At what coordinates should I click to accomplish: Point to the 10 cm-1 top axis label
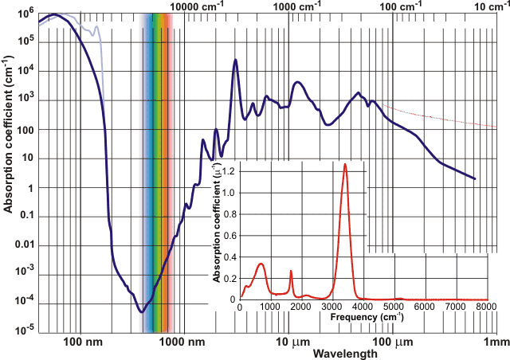point(490,6)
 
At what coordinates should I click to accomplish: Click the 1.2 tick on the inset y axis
point(230,171)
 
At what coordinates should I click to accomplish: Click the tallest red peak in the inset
point(345,164)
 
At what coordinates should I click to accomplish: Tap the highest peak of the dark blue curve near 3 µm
point(235,60)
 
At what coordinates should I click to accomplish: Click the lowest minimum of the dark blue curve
point(142,311)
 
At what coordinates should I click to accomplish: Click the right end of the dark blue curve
point(475,178)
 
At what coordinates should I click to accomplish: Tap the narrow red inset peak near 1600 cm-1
point(291,272)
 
